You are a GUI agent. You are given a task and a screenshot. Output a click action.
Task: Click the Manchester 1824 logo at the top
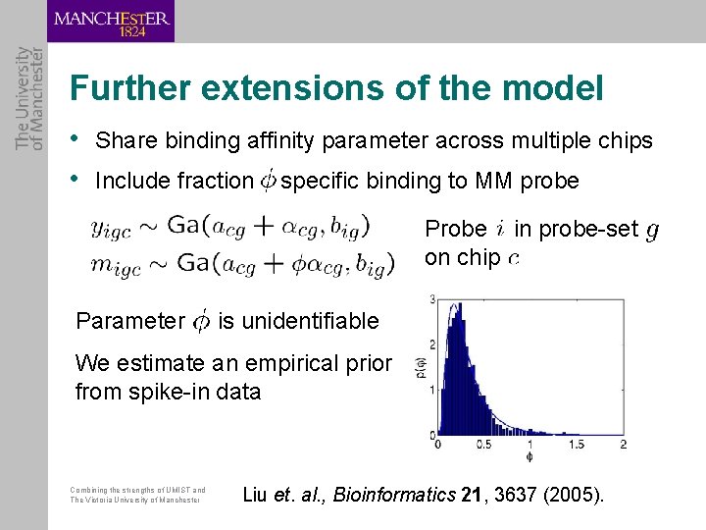coord(111,22)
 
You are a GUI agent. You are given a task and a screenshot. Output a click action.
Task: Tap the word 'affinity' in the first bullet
coord(282,141)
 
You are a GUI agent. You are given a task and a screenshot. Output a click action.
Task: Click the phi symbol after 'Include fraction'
coord(268,181)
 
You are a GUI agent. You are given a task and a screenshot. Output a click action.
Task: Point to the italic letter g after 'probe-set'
coord(652,231)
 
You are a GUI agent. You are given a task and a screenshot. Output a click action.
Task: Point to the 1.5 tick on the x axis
coord(576,445)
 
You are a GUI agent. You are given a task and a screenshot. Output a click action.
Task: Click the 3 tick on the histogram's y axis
coord(431,297)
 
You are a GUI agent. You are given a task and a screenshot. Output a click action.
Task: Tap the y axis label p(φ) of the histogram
coord(418,365)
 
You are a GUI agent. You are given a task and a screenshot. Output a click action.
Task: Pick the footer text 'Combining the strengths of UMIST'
coord(138,490)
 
